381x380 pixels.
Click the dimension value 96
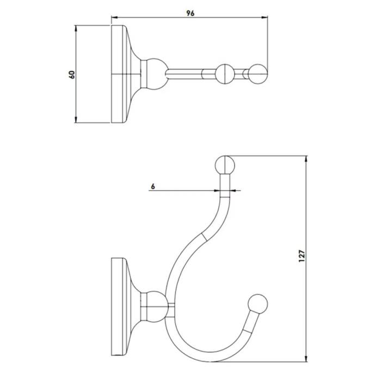[190, 14]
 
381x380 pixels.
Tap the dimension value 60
[71, 74]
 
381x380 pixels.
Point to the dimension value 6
[153, 186]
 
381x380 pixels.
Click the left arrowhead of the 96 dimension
[114, 19]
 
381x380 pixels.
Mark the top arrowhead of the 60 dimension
[77, 27]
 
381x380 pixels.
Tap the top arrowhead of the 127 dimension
[306, 160]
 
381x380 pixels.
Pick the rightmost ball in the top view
[258, 73]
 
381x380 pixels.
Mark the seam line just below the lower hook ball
[248, 330]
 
